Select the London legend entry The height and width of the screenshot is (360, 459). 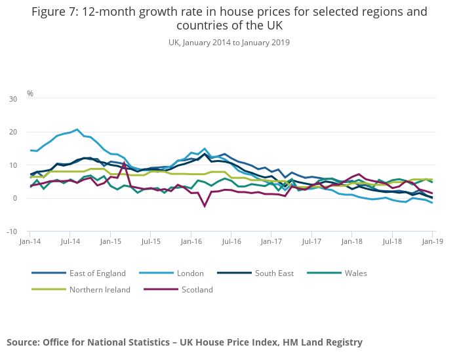coord(190,273)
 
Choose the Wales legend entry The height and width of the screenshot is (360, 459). coord(355,273)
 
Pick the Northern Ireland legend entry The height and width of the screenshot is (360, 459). coord(100,289)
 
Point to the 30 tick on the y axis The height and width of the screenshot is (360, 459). coord(13,99)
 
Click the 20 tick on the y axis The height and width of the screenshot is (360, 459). coord(13,132)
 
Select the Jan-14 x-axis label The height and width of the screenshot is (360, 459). coord(30,242)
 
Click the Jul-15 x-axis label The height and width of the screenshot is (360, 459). coord(151,242)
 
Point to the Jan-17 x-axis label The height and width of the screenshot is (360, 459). coord(271,242)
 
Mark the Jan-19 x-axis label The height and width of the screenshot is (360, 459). coord(431,242)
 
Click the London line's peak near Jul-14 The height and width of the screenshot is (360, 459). coord(77,129)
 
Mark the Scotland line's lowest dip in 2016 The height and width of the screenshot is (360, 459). coord(205,206)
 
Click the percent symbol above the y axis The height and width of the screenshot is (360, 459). coord(30,94)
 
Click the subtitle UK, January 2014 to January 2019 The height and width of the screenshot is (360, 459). coord(229,43)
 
